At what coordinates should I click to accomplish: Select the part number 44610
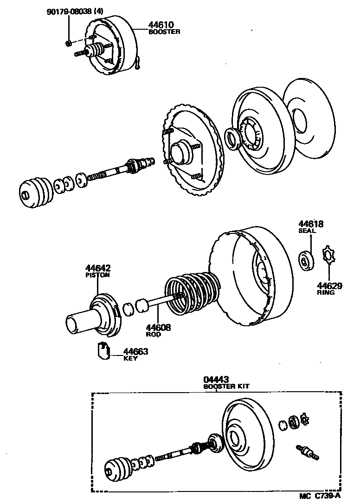161,25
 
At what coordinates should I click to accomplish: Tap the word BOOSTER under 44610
164,32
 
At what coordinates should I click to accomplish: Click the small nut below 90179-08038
68,44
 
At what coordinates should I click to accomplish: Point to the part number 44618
310,224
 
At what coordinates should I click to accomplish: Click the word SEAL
306,231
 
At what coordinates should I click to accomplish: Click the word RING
326,293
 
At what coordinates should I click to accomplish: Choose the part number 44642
97,268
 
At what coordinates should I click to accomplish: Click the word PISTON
97,275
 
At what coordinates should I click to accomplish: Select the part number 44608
159,328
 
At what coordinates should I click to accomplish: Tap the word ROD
153,335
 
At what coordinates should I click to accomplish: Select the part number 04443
217,380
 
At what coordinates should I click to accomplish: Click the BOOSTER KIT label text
224,387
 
